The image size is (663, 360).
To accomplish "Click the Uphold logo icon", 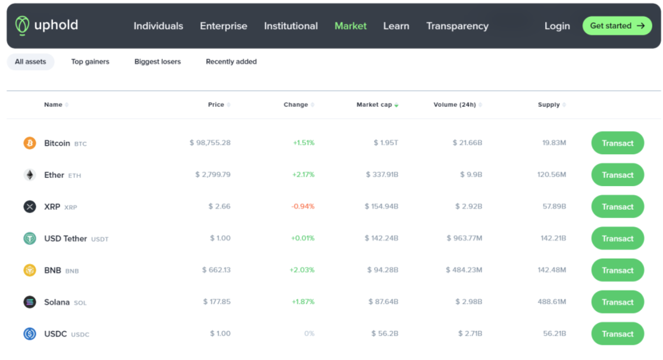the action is tap(22, 25).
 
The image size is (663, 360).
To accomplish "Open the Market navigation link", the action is tap(351, 26).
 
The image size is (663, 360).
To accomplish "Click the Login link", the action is tap(557, 26).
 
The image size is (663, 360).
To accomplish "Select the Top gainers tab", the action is tap(90, 62).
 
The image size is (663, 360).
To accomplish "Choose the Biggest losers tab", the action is tap(157, 62).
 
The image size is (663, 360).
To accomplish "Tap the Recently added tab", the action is tap(231, 62).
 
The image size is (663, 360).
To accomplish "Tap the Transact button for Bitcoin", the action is tap(618, 143).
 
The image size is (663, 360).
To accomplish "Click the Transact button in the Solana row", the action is tap(618, 302).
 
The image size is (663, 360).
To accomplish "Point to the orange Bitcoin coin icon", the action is tap(30, 143).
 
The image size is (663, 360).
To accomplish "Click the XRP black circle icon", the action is tap(30, 206).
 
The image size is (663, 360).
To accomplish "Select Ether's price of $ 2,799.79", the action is tap(213, 174).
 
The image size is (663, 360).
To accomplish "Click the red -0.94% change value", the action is tap(303, 206).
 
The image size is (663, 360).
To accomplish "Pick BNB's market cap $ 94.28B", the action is tap(383, 270).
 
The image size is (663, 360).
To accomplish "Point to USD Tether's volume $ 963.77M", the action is tap(464, 238).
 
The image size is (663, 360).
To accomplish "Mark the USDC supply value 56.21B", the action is tap(554, 334).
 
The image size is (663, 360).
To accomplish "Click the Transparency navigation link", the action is tap(457, 26).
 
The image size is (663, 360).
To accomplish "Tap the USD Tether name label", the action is tap(66, 238).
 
